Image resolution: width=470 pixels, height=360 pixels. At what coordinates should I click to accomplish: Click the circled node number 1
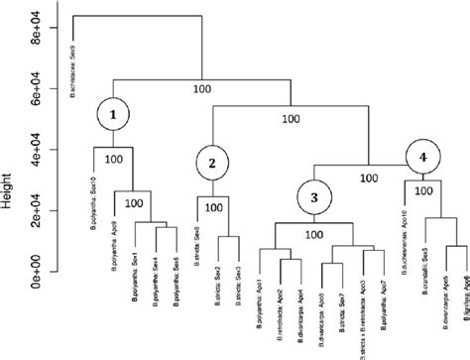114,114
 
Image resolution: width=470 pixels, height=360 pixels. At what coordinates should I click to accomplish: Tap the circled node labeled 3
312,197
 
